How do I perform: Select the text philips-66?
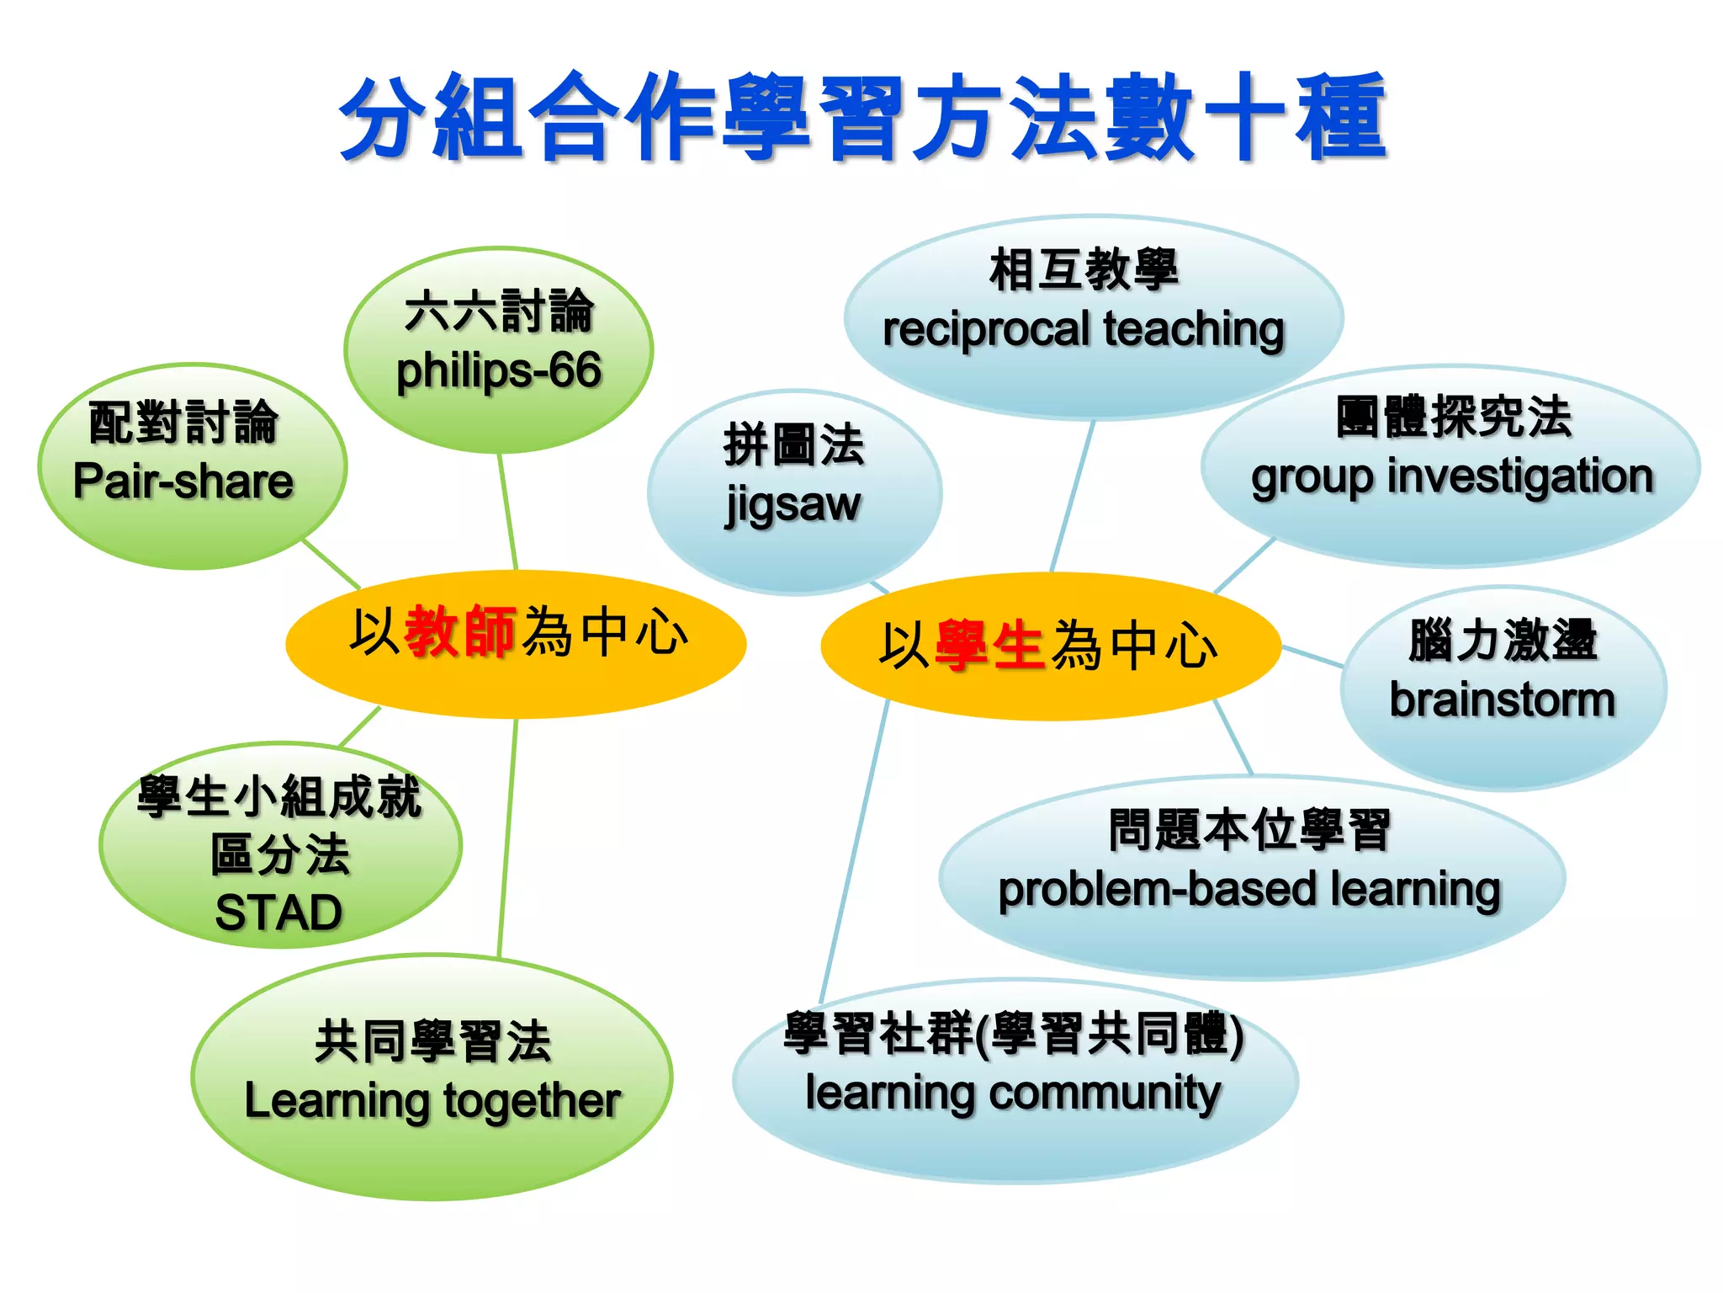click(499, 370)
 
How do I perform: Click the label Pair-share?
click(183, 482)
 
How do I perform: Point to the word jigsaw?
click(793, 505)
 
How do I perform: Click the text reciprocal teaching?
click(1084, 329)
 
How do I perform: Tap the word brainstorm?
click(1502, 700)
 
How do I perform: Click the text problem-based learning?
click(1249, 890)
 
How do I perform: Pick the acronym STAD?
click(278, 913)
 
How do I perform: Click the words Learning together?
click(432, 1101)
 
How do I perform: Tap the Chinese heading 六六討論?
click(499, 311)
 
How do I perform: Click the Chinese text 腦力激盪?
click(1502, 640)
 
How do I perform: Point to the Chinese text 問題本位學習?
click(1249, 830)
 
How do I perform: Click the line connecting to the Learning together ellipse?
click(507, 842)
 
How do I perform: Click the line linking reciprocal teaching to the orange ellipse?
click(1073, 497)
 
